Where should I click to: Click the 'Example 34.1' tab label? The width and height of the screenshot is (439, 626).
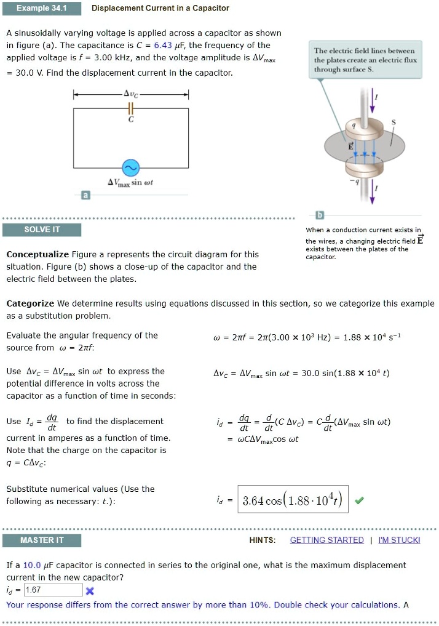coord(41,8)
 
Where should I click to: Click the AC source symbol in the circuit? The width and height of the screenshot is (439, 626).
coord(130,168)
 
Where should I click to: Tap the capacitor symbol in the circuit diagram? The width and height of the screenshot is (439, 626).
coord(130,110)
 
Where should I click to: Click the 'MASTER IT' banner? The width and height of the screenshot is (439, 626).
coord(42,540)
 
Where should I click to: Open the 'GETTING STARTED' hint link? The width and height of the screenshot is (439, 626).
coord(326,540)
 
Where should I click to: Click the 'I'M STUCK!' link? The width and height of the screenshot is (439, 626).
coord(399,540)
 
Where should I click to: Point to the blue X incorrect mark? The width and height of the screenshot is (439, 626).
coord(89,591)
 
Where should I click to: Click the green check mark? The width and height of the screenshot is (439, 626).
coord(360,500)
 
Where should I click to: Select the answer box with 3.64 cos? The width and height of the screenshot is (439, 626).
coord(293,499)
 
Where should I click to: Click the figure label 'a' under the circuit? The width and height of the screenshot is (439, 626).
coord(86,195)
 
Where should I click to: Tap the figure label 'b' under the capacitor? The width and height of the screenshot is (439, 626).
coord(319,215)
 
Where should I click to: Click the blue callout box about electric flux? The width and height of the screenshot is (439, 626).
coord(365,60)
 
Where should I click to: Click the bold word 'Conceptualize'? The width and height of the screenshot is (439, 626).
coord(38,254)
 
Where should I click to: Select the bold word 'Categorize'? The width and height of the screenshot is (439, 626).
coord(30,303)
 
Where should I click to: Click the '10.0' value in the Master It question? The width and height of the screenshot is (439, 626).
coord(32,564)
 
